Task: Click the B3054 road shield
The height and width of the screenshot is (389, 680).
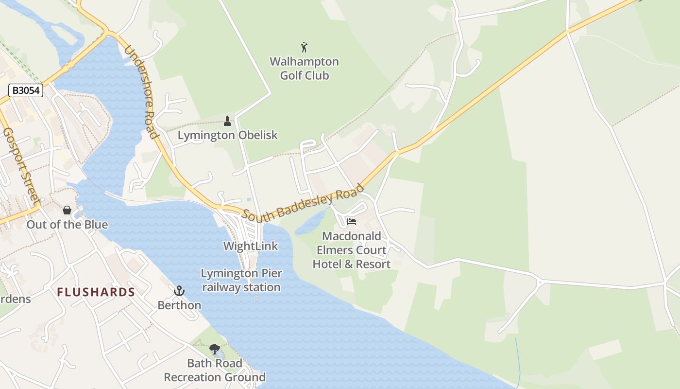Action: pyautogui.click(x=26, y=90)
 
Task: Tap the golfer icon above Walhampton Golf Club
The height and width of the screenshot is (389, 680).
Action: pyautogui.click(x=305, y=47)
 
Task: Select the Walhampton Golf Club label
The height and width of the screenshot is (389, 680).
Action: pyautogui.click(x=305, y=69)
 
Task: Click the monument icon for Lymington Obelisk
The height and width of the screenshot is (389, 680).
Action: pyautogui.click(x=227, y=121)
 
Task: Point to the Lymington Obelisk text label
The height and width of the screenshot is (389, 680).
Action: pyautogui.click(x=227, y=135)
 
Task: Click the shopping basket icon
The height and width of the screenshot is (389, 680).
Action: pyautogui.click(x=67, y=210)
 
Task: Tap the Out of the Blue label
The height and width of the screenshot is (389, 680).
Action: pyautogui.click(x=67, y=225)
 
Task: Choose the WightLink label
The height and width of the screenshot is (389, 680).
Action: pyautogui.click(x=251, y=246)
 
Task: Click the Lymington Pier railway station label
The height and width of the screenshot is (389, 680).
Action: pyautogui.click(x=241, y=281)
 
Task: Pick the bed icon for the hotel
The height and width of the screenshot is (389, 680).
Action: pyautogui.click(x=352, y=222)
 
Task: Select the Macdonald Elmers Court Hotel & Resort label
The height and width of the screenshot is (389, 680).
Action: pyautogui.click(x=352, y=250)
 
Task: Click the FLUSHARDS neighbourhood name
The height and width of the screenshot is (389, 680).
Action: pyautogui.click(x=96, y=292)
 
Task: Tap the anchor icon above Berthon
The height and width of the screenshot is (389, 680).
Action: pyautogui.click(x=179, y=291)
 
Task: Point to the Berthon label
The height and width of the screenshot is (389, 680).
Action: pyautogui.click(x=179, y=305)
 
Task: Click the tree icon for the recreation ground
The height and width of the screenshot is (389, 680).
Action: pyautogui.click(x=214, y=349)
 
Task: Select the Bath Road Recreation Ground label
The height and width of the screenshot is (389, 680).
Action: pyautogui.click(x=215, y=371)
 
